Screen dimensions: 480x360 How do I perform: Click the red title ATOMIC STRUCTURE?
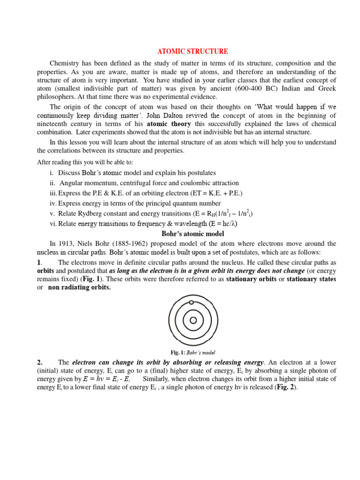tap(193, 52)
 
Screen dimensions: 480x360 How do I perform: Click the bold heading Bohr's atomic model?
tap(193, 233)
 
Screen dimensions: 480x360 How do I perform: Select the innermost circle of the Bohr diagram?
tap(193, 321)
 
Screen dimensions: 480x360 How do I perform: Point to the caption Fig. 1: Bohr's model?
tap(193, 352)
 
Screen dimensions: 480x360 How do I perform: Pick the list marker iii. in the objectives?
tap(53, 193)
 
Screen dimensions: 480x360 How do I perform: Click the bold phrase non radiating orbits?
tap(79, 287)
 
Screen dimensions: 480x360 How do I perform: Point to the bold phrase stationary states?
tap(311, 279)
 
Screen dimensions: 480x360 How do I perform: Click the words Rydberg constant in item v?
tap(96, 213)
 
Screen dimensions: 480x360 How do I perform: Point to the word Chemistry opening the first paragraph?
tap(66, 63)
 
